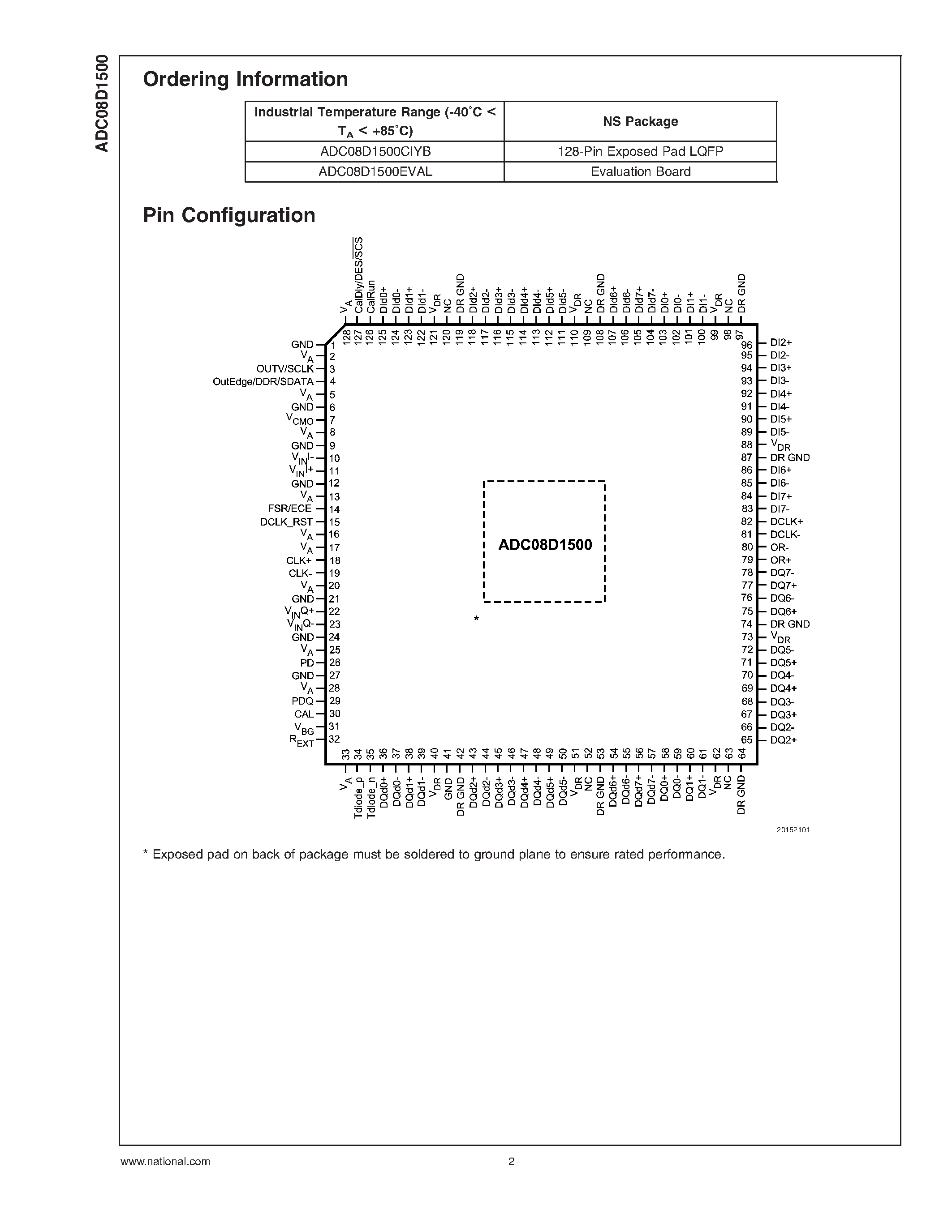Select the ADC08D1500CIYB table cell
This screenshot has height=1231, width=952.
(375, 152)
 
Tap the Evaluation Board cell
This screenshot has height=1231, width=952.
(641, 172)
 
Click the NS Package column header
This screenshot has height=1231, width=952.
(640, 122)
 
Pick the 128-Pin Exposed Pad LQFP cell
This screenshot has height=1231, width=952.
(641, 152)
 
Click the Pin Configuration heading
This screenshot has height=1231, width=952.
(229, 215)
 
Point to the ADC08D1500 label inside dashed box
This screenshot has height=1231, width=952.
(545, 545)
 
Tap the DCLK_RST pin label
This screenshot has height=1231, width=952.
(287, 522)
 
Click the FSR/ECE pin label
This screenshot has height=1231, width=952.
(290, 509)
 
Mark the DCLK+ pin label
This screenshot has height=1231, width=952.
(786, 522)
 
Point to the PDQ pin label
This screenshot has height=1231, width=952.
(302, 701)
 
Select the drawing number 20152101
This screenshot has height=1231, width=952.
(793, 829)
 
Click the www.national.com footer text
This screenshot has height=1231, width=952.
(165, 1162)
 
